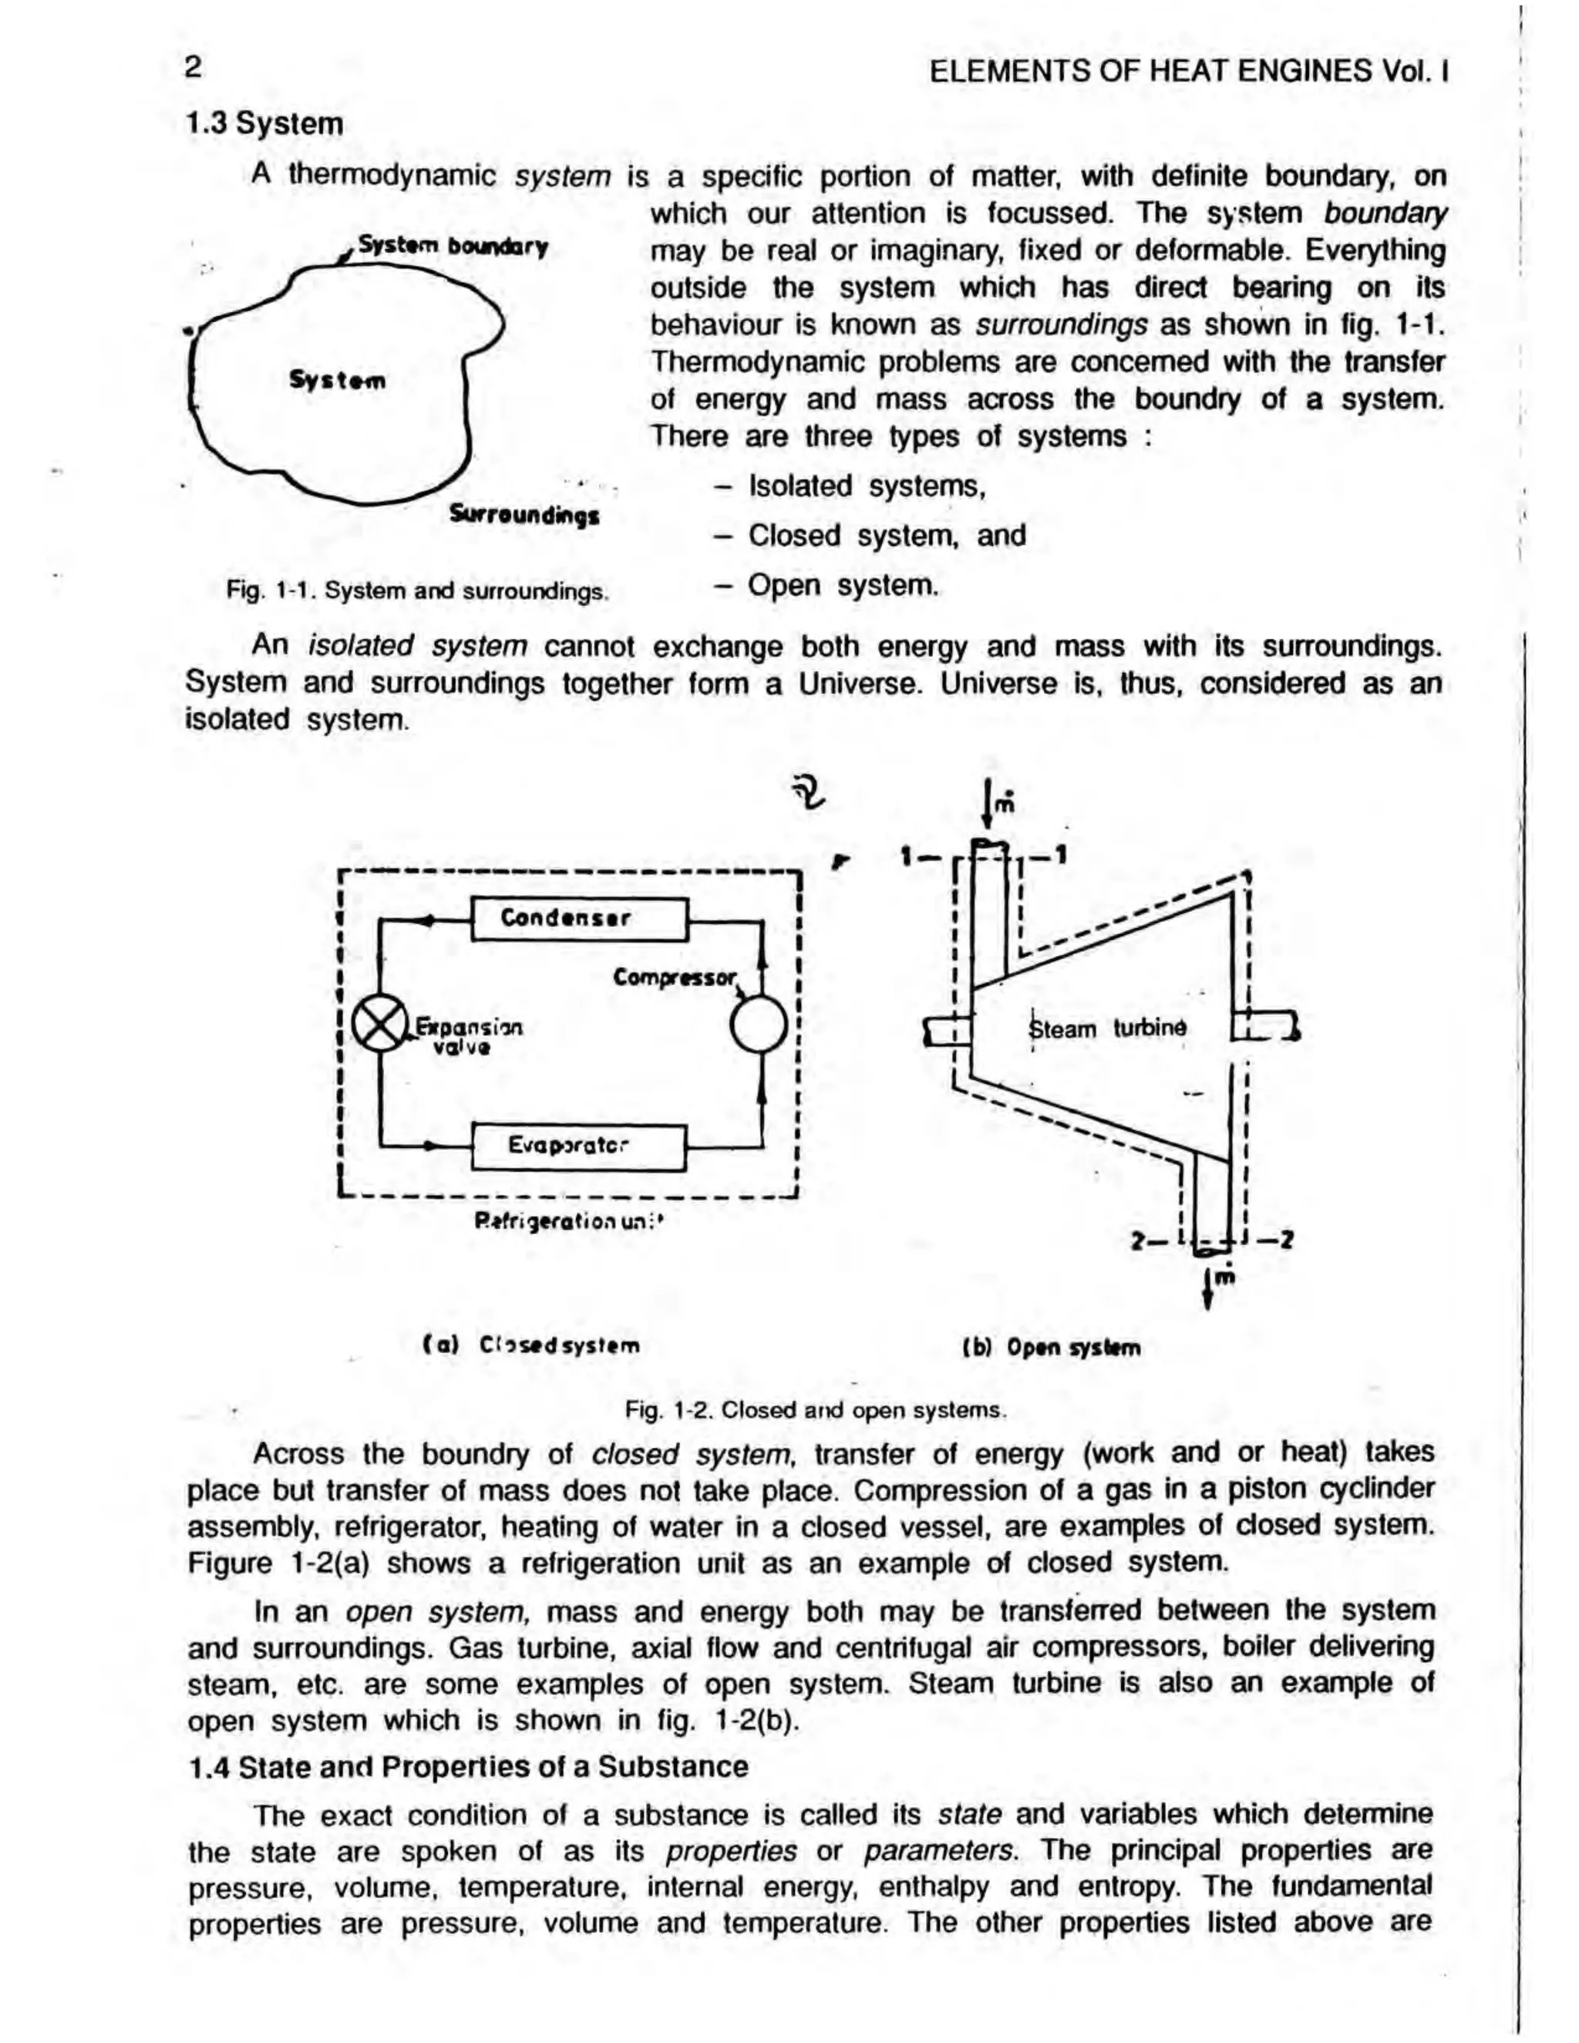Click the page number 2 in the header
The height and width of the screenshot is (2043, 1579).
(194, 67)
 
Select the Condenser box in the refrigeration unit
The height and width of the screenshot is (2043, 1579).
(579, 919)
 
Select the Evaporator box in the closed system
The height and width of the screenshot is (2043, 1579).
(579, 1146)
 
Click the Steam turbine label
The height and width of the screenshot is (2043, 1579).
(1106, 1029)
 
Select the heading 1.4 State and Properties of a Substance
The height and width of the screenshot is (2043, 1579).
(468, 1766)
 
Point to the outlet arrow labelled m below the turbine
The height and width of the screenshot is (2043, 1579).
(1210, 1287)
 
